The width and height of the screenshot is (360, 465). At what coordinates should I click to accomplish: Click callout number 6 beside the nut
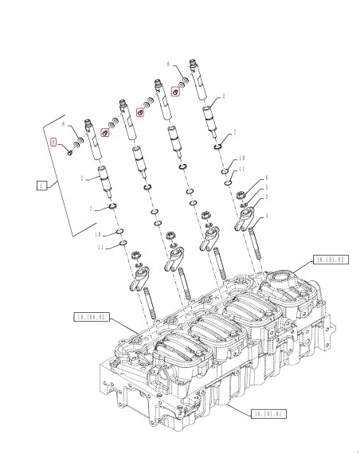pos(267,179)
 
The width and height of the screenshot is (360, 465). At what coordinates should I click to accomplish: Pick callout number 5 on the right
pos(267,188)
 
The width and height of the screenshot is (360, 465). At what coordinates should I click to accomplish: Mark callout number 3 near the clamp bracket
pos(267,197)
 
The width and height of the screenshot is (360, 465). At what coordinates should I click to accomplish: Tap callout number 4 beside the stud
pos(267,214)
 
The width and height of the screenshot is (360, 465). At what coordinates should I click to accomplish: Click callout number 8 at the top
pos(168,61)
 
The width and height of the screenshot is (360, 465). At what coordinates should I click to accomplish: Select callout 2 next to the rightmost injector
pos(224,96)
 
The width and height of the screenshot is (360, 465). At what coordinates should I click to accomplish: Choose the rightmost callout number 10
pos(242,159)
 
